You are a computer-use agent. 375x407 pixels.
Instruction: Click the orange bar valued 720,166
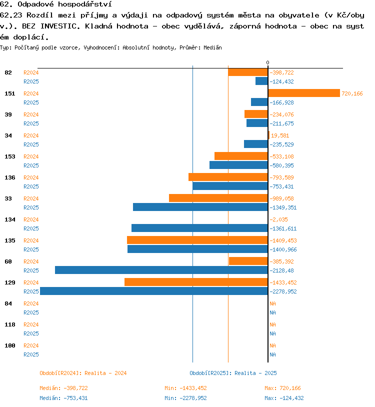pos(304,93)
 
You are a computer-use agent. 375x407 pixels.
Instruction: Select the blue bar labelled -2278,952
pos(153,291)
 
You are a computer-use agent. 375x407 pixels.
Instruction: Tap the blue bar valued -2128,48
pos(161,270)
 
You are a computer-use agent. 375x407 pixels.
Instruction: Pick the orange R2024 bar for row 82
pos(247,72)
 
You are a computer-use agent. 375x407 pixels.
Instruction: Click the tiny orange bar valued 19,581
pos(268,135)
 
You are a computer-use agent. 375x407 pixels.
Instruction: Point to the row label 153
pos(8,156)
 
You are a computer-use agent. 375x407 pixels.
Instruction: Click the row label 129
pos(8,282)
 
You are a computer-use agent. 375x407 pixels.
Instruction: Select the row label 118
pos(8,324)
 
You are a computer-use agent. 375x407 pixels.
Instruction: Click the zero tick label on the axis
pos(267,62)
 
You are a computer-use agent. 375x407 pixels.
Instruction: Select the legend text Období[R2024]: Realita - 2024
pos(83,373)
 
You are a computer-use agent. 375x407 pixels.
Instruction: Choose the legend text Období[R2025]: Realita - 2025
pos(233,373)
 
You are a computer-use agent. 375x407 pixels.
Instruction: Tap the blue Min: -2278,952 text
pos(185,398)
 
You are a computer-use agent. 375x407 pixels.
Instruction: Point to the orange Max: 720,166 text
pos(282,388)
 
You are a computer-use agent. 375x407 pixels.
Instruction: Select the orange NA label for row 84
pos(272,303)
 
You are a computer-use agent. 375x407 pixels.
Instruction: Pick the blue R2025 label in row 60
pos(31,270)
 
